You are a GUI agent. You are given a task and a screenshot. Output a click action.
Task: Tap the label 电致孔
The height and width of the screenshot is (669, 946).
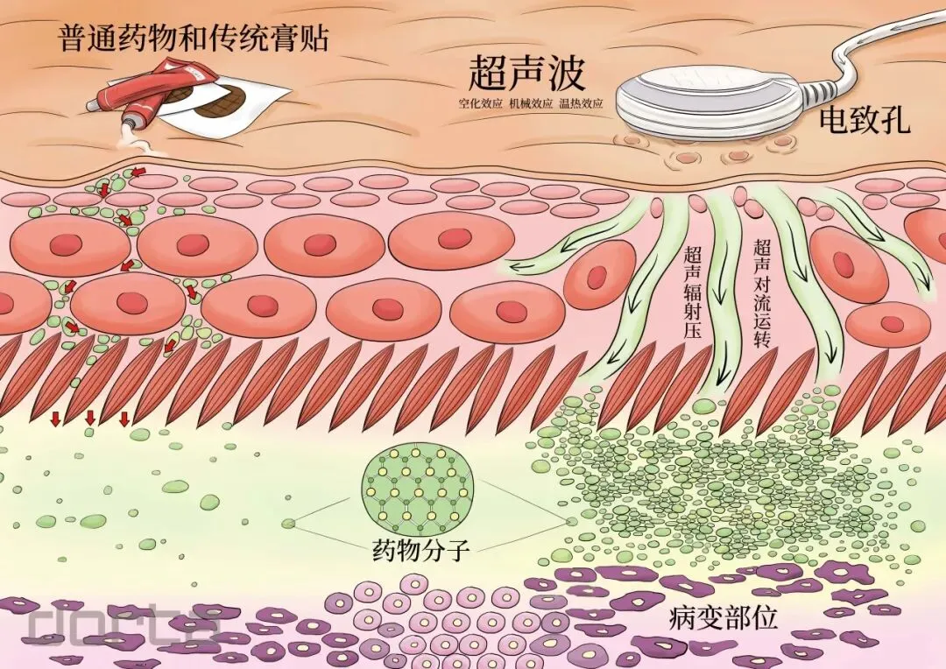864,119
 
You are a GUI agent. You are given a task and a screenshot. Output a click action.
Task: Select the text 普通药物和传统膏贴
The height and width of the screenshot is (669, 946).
193,39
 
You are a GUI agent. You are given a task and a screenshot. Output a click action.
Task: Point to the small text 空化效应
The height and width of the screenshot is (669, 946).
478,103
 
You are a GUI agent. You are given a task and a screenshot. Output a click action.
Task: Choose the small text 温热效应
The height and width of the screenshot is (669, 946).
581,103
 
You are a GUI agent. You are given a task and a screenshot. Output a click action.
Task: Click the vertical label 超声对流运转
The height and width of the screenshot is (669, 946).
761,293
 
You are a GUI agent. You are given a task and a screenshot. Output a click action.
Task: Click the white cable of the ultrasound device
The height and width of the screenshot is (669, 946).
867,53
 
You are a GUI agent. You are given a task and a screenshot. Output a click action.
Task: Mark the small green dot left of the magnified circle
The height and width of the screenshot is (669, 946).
287,524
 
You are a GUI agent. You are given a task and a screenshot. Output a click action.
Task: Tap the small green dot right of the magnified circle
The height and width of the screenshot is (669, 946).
572,522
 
